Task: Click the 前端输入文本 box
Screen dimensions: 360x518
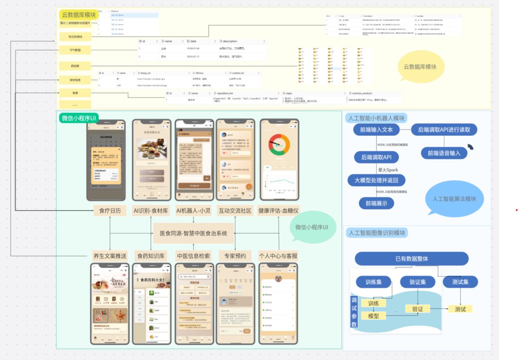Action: tap(376, 130)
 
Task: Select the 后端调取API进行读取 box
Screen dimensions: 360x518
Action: tap(444, 130)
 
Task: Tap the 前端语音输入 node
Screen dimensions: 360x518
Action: tap(444, 153)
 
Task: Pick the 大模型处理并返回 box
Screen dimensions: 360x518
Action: tap(376, 180)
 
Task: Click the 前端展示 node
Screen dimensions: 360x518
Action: tap(376, 203)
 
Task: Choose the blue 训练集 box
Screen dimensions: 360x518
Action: tap(373, 282)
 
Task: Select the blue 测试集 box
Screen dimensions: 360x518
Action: tap(460, 282)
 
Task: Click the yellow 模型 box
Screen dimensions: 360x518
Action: tap(373, 316)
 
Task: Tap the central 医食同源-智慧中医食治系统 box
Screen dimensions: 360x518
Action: tap(193, 233)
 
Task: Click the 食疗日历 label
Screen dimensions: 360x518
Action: tap(110, 211)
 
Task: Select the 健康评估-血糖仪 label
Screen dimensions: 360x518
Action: tap(278, 211)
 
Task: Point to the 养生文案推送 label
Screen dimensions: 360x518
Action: tap(110, 256)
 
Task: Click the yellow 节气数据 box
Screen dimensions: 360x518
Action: tap(75, 50)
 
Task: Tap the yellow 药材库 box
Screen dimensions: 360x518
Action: tap(75, 65)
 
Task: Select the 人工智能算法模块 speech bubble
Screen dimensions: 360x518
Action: tap(454, 199)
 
